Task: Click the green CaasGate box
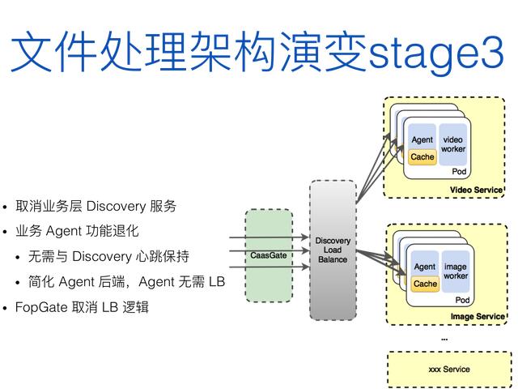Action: tap(268, 255)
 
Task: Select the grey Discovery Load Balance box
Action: tap(333, 250)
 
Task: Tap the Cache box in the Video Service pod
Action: tap(422, 157)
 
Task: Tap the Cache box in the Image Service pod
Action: tap(425, 284)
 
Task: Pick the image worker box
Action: tap(456, 271)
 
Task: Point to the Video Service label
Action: tap(477, 190)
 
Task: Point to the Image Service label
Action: tap(478, 316)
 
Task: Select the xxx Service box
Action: tap(448, 370)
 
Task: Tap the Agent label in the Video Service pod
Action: tap(422, 140)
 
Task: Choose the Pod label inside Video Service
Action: tap(459, 172)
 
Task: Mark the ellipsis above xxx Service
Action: tap(444, 337)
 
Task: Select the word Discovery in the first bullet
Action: tap(113, 206)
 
